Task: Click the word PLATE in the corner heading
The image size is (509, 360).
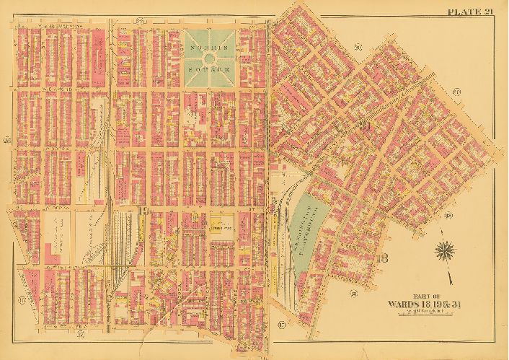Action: pyautogui.click(x=460, y=10)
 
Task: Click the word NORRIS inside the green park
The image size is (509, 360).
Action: pyautogui.click(x=209, y=45)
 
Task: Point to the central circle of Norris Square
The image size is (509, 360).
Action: pyautogui.click(x=209, y=57)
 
